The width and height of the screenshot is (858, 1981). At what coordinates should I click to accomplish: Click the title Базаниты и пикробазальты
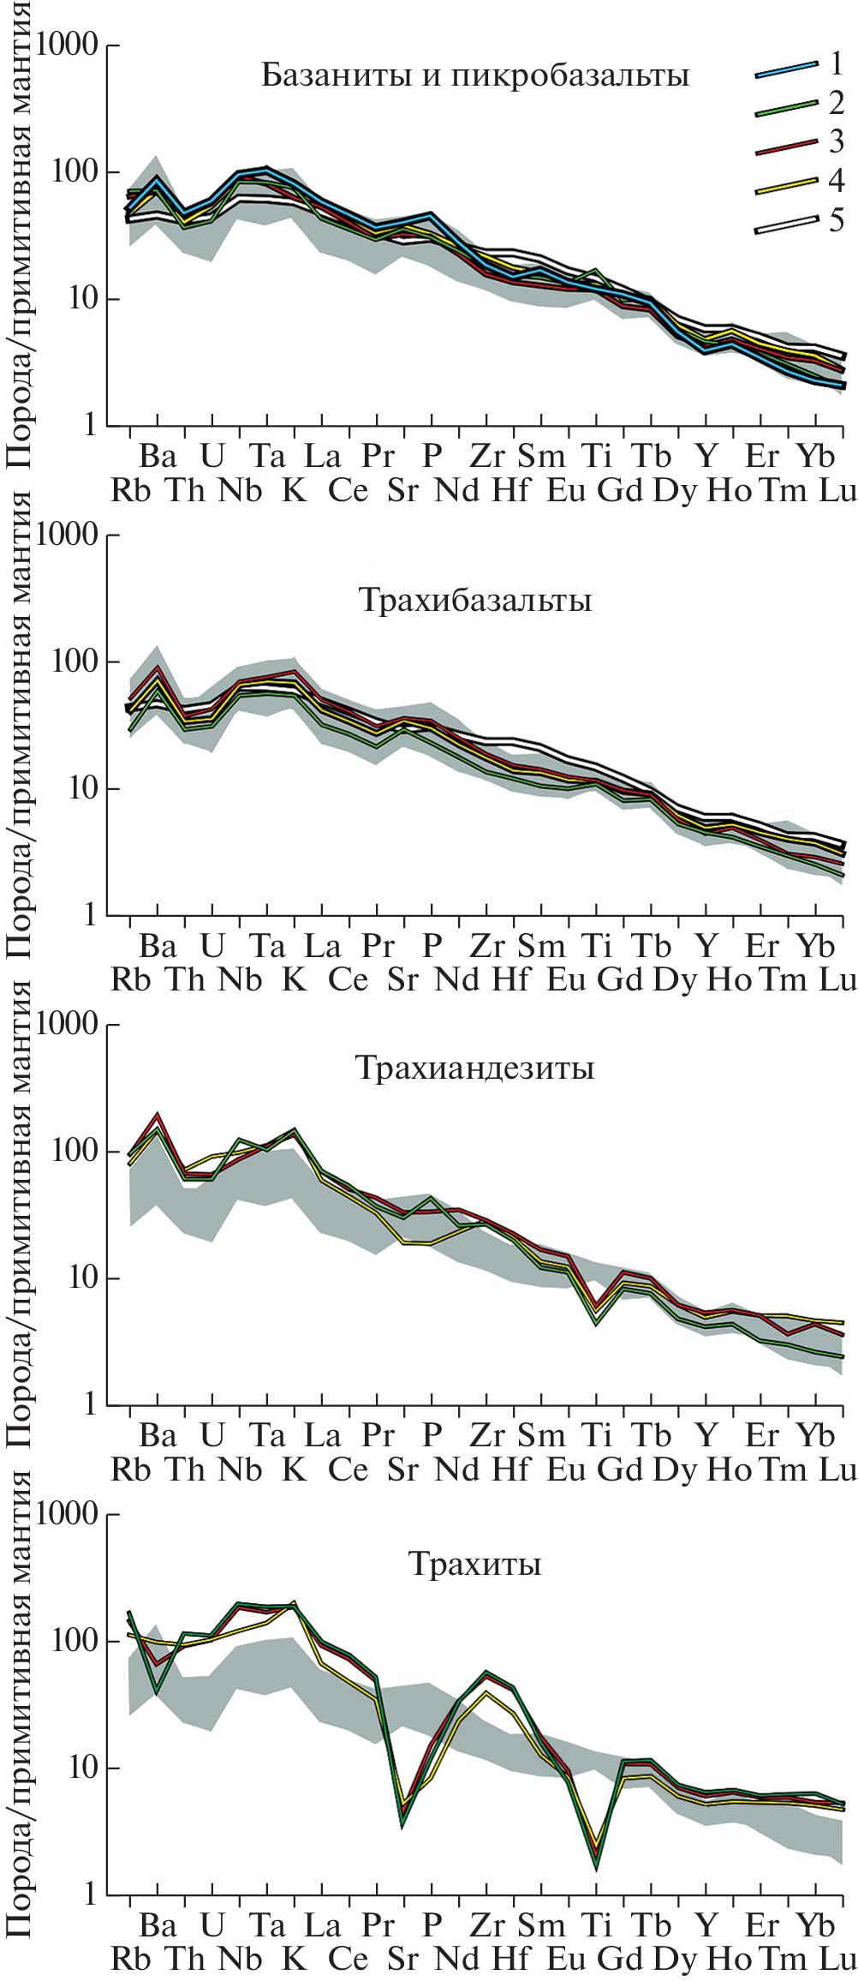pos(474,75)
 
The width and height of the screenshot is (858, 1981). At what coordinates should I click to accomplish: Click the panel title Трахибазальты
pos(474,600)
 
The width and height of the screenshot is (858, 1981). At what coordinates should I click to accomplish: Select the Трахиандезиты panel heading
pos(474,1068)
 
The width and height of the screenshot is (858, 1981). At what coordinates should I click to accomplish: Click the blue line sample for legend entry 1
pos(786,69)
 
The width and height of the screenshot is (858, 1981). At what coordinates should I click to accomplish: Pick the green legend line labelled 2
pos(786,107)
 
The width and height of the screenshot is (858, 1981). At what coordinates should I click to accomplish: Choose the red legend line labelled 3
pos(786,147)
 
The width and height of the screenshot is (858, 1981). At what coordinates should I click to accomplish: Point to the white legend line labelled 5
pos(786,224)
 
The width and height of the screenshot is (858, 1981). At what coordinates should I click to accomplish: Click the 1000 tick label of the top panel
pos(68,45)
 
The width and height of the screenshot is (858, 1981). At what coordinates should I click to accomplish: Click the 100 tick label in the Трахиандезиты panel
pos(76,1151)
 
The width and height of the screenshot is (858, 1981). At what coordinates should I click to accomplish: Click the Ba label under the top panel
pos(158,456)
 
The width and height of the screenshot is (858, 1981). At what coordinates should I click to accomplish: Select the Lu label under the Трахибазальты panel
pos(838,979)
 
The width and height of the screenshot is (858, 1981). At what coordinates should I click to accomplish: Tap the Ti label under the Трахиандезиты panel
pos(596,1436)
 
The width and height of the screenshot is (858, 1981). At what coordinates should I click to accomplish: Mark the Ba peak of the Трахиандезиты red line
pos(158,1115)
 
